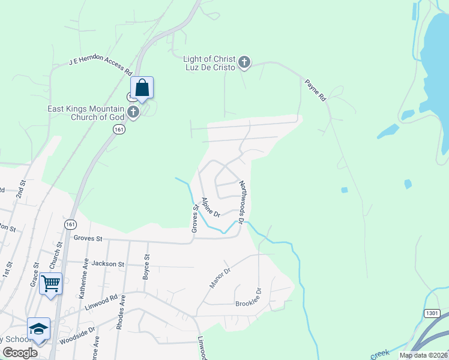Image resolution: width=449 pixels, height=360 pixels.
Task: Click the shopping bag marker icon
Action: [x=142, y=88]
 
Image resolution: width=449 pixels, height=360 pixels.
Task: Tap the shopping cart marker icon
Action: [x=51, y=283]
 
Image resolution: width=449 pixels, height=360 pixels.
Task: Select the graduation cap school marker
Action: [x=38, y=329]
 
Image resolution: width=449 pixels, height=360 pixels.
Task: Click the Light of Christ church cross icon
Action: [x=244, y=61]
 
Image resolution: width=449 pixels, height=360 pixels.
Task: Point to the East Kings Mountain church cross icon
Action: [x=133, y=112]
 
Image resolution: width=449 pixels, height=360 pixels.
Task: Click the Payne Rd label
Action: [x=315, y=90]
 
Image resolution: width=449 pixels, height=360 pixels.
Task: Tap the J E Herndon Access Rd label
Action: [x=101, y=63]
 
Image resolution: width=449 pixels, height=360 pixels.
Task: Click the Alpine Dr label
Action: [x=211, y=207]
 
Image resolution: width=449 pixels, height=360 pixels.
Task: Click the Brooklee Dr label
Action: [x=249, y=298]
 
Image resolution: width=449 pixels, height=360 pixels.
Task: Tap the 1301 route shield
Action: [x=432, y=313]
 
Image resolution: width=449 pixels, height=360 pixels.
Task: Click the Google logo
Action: [x=20, y=352]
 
